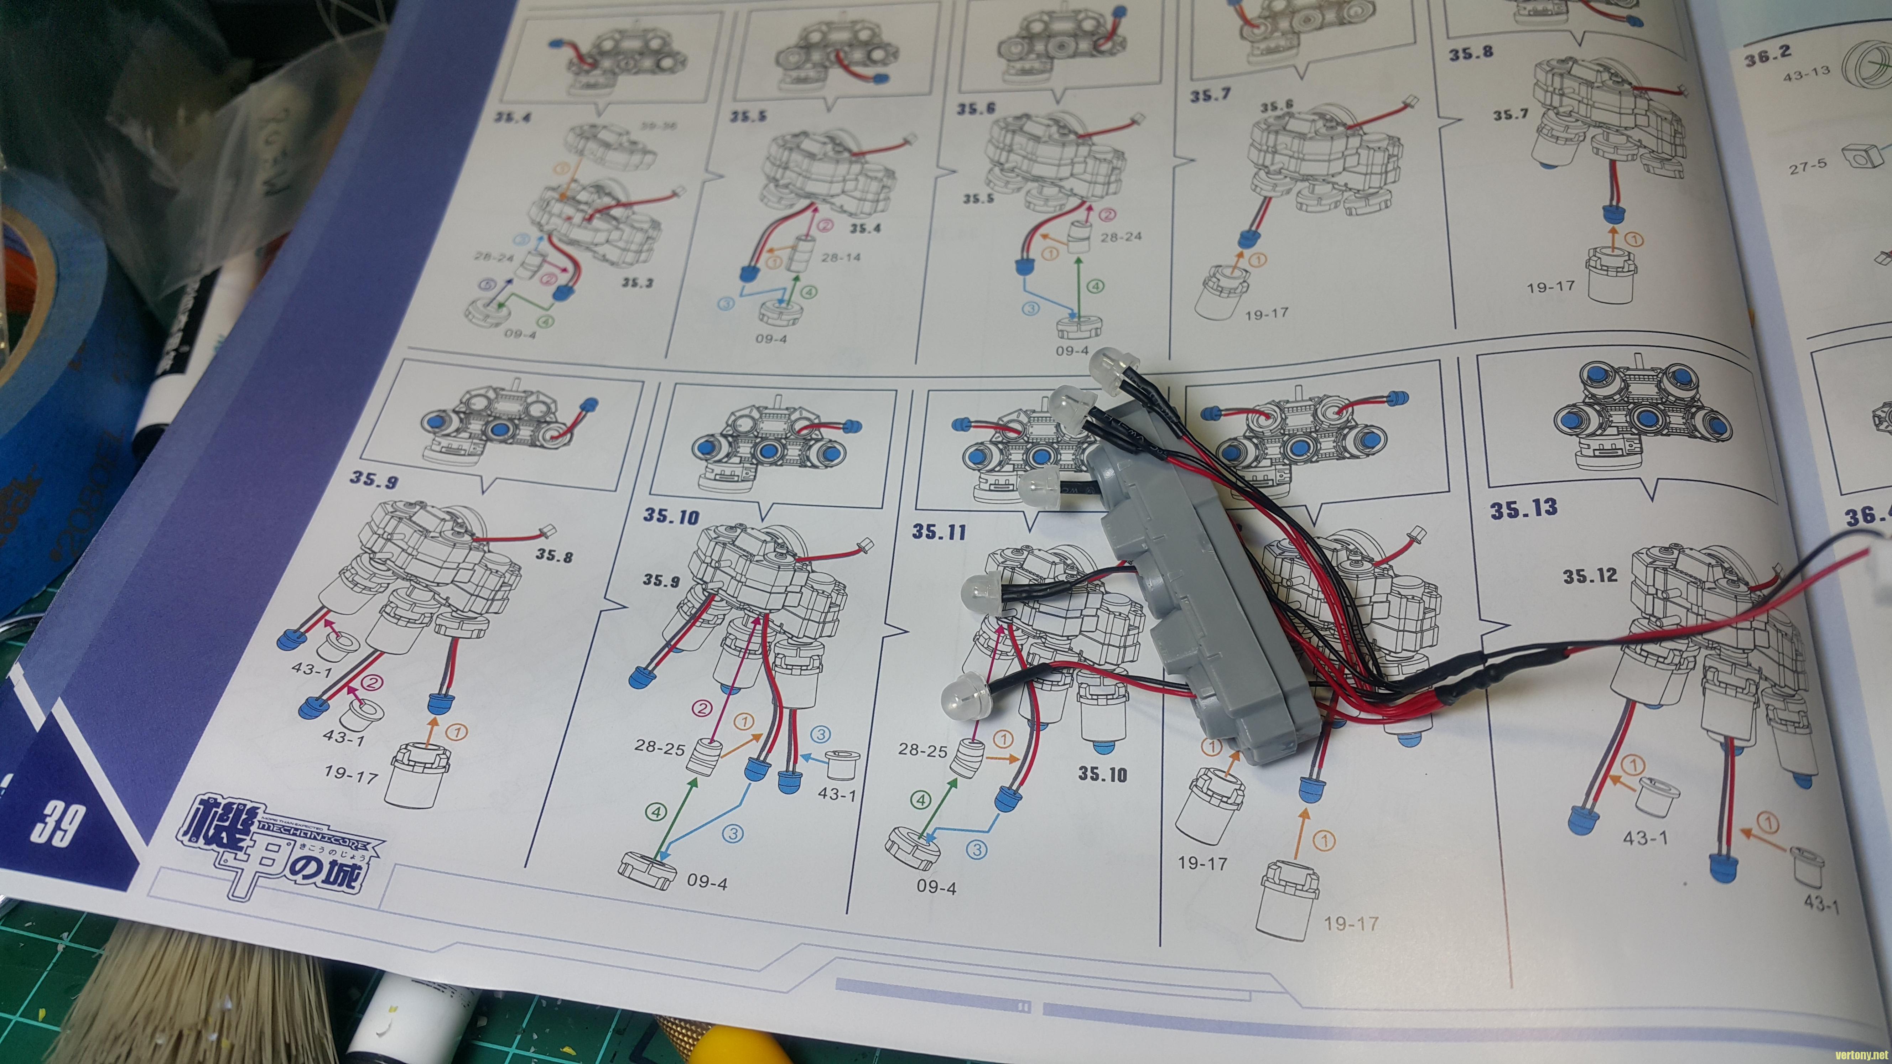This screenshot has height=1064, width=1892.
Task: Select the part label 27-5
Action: pyautogui.click(x=1807, y=167)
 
